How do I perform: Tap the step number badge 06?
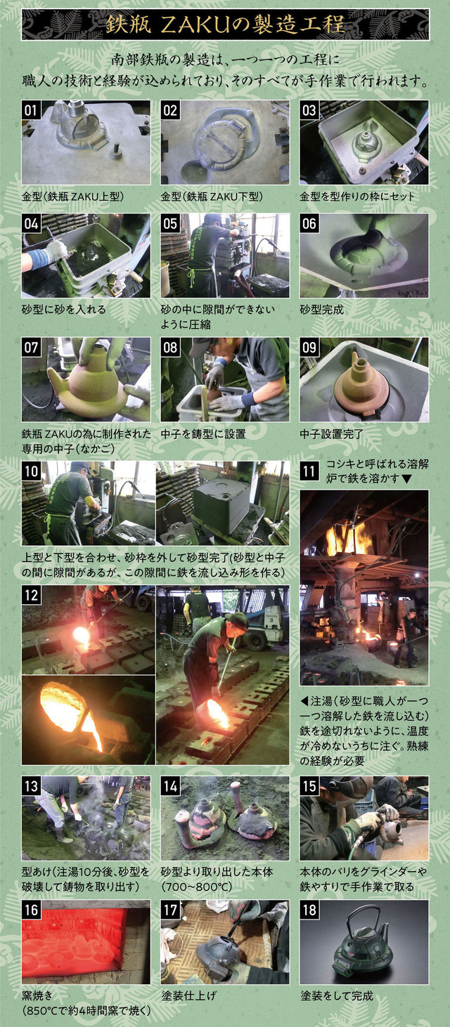(309, 224)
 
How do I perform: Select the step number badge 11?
(309, 471)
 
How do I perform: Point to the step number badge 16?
(31, 910)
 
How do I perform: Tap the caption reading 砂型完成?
(321, 310)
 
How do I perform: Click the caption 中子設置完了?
(331, 433)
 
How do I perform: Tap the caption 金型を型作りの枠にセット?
(357, 196)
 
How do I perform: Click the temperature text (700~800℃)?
(193, 887)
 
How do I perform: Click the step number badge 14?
(170, 787)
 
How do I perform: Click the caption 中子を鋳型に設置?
(203, 433)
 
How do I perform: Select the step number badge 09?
(309, 348)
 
